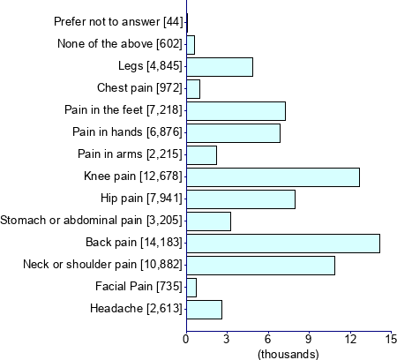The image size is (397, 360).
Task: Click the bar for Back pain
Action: click(283, 244)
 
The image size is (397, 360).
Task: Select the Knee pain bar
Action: click(273, 177)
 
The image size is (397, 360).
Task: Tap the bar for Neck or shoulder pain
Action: click(260, 266)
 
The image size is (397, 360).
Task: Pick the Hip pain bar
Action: click(241, 199)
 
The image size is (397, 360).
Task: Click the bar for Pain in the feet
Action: click(236, 111)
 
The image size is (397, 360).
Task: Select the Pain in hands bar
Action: click(233, 133)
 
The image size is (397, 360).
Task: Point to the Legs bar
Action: click(220, 67)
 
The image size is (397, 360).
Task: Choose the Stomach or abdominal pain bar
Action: click(208, 221)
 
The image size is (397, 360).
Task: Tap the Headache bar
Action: click(204, 310)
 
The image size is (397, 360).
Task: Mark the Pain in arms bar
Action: click(201, 155)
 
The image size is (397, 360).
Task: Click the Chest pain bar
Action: click(193, 89)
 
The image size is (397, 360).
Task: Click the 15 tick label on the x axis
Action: click(391, 339)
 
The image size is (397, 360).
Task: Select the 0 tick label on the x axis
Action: click(186, 339)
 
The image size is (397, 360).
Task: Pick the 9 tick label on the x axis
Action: click(309, 339)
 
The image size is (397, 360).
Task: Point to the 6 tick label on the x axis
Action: click(268, 339)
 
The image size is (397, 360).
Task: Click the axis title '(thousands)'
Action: click(288, 353)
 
